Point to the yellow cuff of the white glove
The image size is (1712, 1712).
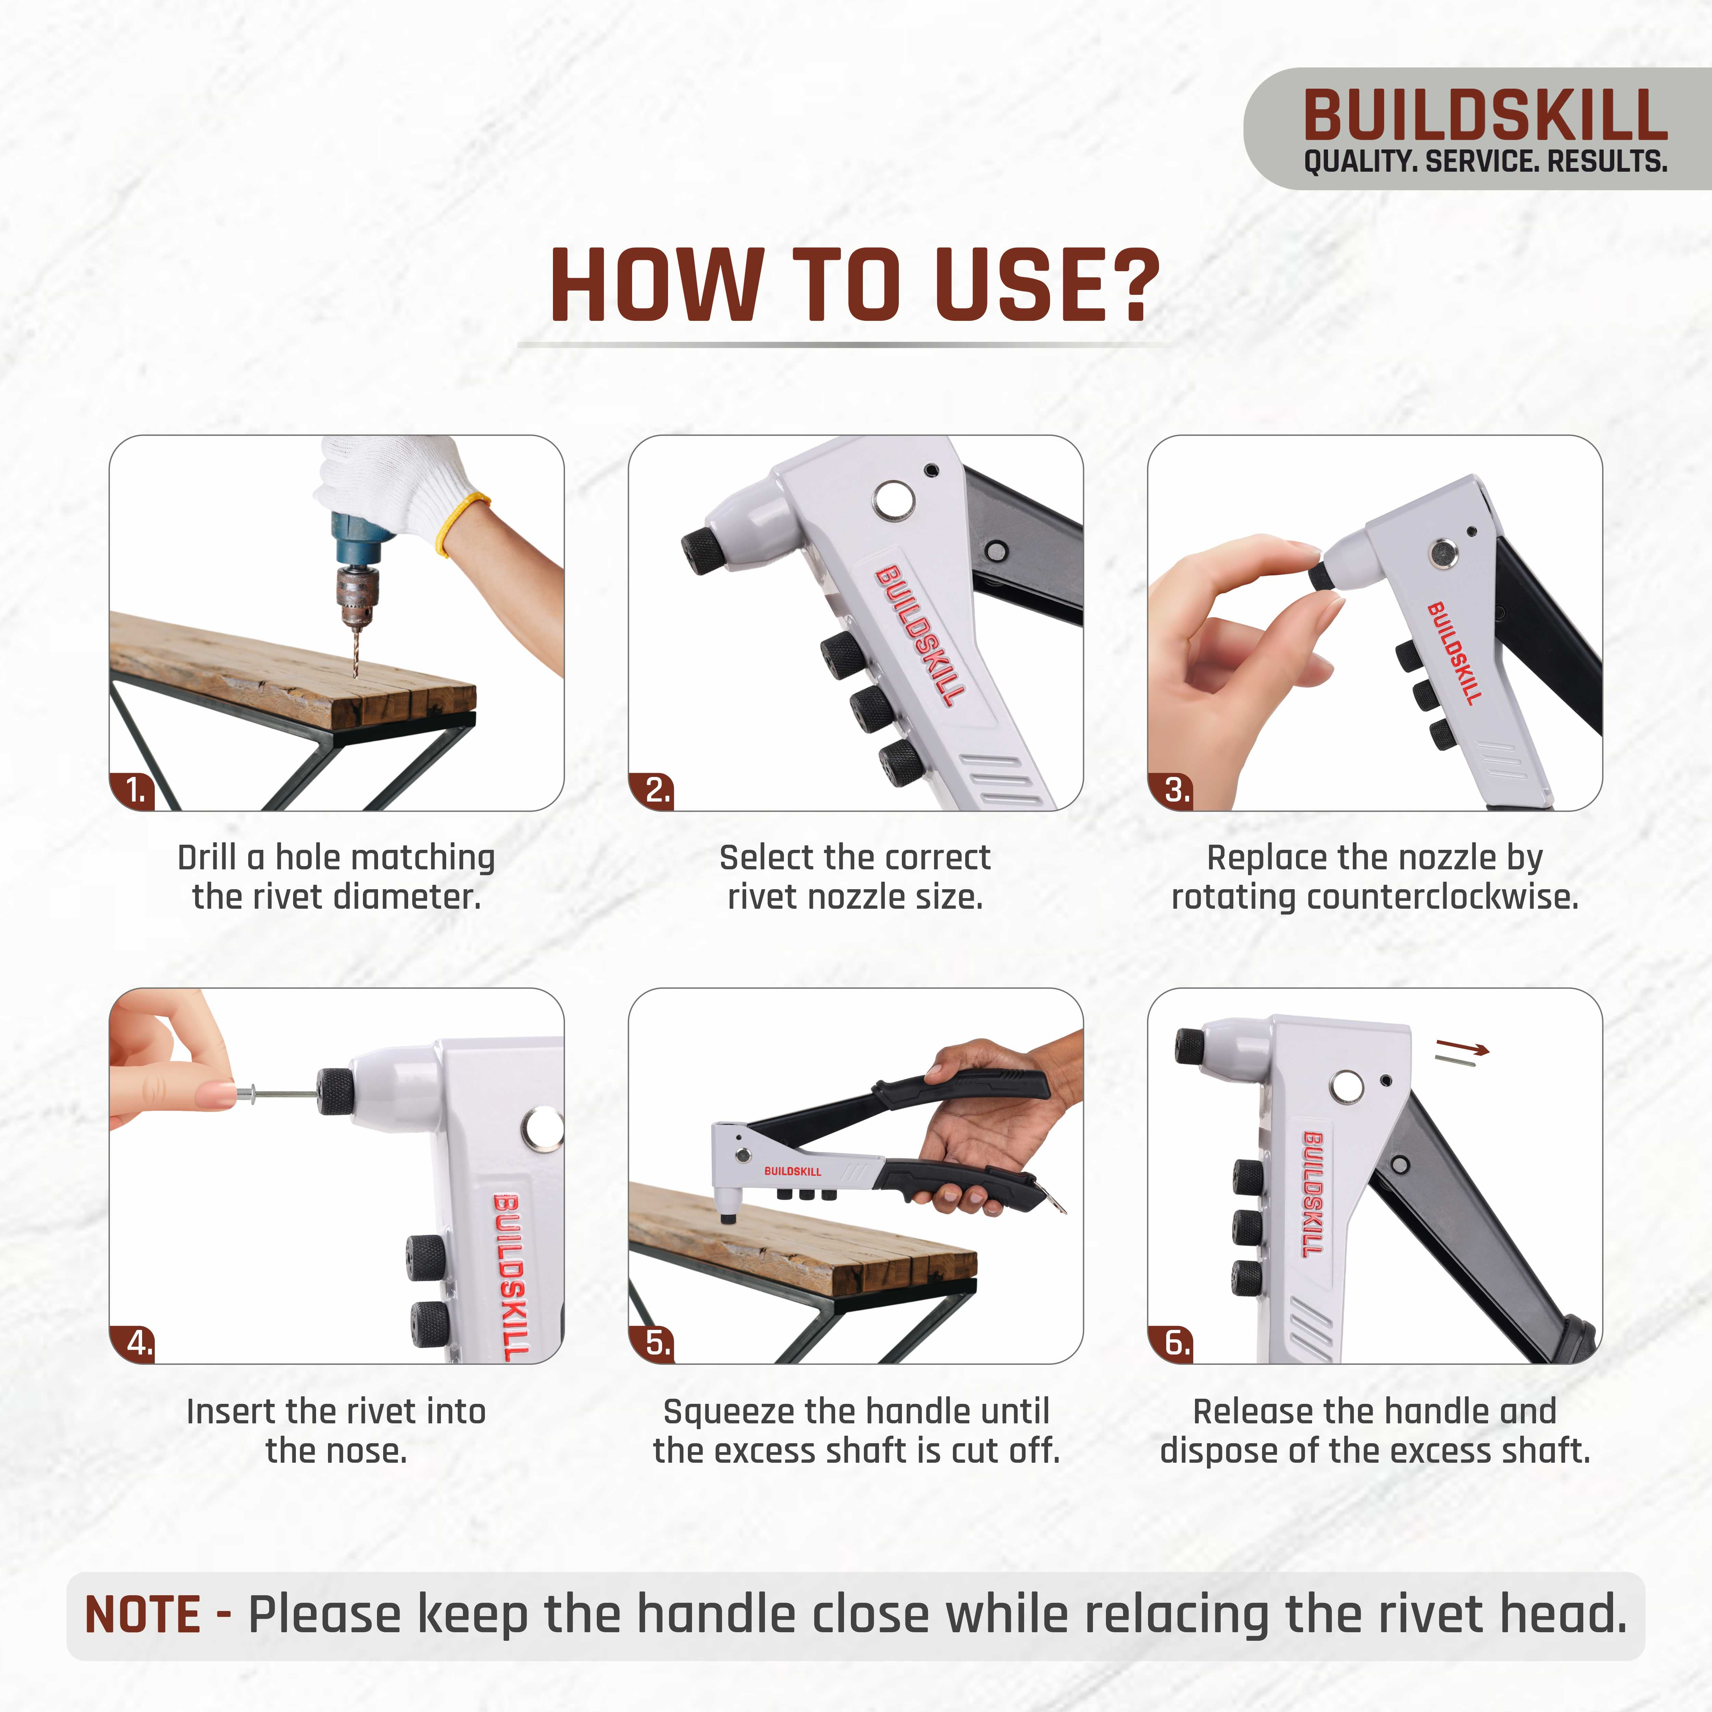click(x=461, y=523)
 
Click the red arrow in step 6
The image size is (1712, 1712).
click(x=1462, y=1049)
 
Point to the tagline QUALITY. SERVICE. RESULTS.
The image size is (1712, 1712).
click(x=1485, y=162)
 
